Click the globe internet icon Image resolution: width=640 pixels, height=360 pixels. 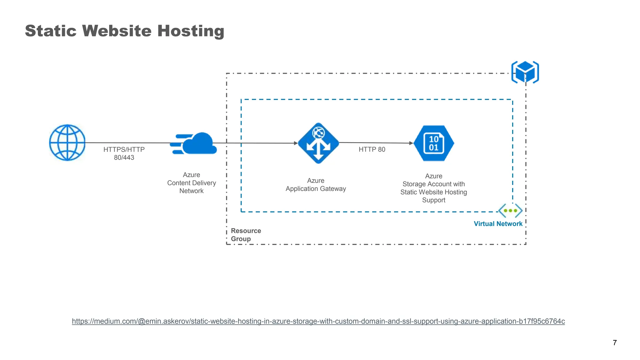(x=67, y=142)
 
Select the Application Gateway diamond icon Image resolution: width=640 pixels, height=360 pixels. (x=318, y=143)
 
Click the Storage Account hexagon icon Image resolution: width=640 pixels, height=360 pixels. (x=434, y=143)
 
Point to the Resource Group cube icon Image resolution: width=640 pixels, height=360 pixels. (x=525, y=72)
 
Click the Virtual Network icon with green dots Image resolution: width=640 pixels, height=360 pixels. (x=510, y=211)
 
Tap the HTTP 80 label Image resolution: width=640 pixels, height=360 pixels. (x=372, y=149)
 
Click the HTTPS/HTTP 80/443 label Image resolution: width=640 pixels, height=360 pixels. (x=124, y=153)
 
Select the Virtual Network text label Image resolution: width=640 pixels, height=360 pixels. (x=498, y=224)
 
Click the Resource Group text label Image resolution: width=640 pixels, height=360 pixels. (x=246, y=235)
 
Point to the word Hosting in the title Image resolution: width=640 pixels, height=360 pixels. (x=191, y=31)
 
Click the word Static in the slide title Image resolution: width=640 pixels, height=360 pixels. (x=51, y=31)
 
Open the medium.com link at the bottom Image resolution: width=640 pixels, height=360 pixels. (x=318, y=321)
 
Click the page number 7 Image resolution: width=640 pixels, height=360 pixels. (x=615, y=343)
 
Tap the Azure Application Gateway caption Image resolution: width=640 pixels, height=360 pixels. (x=316, y=185)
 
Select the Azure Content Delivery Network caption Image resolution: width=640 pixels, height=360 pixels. (x=191, y=183)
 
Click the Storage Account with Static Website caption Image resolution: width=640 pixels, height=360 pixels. (x=433, y=188)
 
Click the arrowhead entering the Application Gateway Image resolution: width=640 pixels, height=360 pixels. (x=296, y=143)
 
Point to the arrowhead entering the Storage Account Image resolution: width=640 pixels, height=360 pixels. (x=411, y=143)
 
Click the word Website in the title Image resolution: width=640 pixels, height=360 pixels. (x=117, y=31)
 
